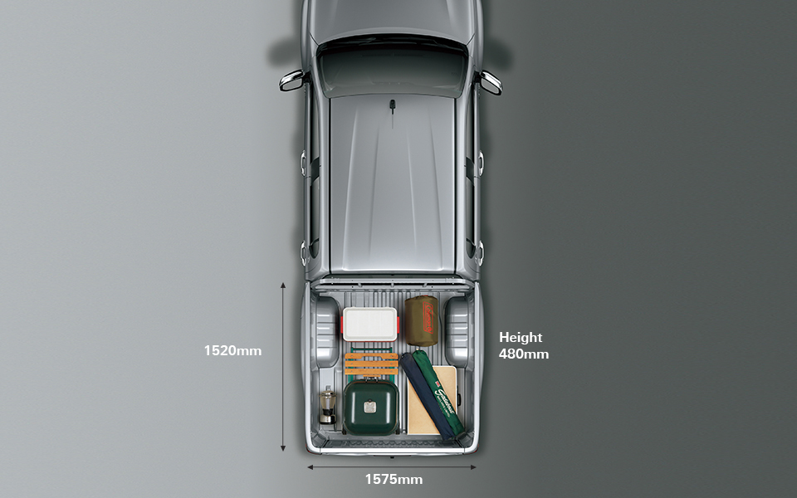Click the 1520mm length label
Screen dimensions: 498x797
point(232,350)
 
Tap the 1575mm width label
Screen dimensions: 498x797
point(394,479)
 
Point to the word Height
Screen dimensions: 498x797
point(521,337)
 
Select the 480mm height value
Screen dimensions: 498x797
point(524,354)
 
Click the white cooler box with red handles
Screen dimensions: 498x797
point(370,324)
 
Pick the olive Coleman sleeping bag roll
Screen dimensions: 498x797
point(421,320)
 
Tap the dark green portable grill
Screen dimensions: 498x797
point(370,407)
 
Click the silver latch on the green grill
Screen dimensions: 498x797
point(371,407)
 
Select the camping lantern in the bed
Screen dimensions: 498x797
point(328,404)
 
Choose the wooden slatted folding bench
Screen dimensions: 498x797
point(371,363)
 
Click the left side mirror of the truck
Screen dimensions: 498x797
point(292,80)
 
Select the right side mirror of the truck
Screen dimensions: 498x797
point(490,81)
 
